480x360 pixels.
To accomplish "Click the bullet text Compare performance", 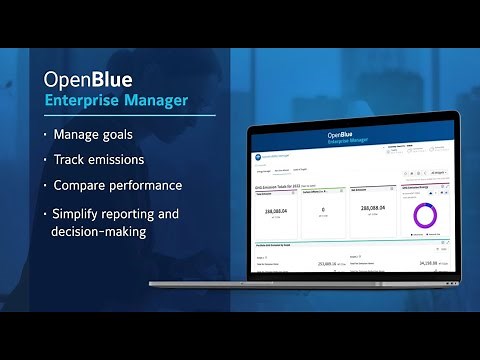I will [119, 185].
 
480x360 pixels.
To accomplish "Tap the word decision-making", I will [109, 231].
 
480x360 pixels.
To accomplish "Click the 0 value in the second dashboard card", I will [323, 211].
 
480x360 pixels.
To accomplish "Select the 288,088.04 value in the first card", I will [275, 211].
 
